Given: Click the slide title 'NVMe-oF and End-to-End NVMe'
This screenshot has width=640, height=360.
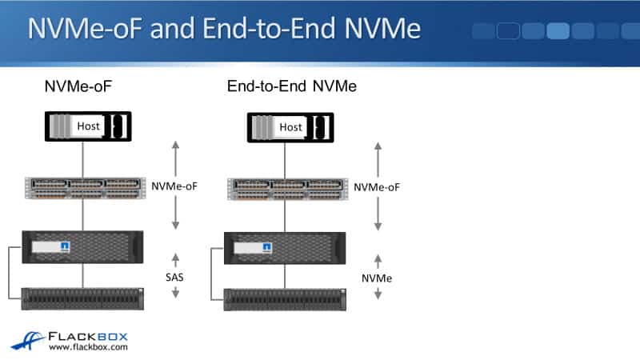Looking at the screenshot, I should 224,30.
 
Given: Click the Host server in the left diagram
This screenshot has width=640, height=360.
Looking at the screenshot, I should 86,126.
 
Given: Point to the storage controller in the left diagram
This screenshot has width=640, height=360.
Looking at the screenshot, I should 84,245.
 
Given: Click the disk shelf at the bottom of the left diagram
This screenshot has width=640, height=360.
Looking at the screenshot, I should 84,298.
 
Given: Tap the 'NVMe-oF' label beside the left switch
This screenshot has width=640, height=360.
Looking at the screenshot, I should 174,186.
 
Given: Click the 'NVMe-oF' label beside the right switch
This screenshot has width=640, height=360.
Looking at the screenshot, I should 377,186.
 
